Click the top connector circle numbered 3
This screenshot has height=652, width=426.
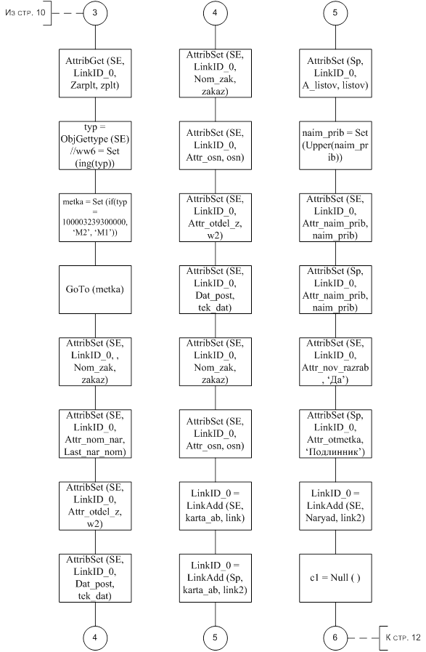coord(95,13)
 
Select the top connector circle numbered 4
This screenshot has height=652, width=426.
coord(215,13)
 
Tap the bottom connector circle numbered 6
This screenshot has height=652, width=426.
coord(335,637)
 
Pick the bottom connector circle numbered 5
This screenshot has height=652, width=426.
coord(215,637)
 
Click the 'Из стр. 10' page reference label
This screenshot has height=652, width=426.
coord(25,12)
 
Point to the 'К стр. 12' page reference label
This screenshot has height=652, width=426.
coord(403,637)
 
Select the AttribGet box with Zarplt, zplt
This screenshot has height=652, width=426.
coord(95,73)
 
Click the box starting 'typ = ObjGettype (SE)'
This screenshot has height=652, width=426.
coord(95,145)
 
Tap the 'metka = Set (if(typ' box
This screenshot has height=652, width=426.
coord(95,217)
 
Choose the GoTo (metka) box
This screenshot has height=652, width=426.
coord(95,289)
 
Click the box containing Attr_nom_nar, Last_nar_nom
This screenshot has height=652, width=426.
coord(95,434)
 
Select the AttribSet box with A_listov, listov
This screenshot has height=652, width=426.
coord(335,73)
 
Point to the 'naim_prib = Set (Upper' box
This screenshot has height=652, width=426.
coord(335,145)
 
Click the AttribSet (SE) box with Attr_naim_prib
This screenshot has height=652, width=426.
coord(335,217)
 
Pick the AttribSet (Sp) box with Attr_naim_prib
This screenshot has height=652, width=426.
coord(335,289)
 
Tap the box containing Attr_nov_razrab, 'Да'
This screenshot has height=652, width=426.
coord(335,362)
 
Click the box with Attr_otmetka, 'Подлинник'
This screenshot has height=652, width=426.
coord(335,434)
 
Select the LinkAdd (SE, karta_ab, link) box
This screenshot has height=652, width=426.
coord(216,506)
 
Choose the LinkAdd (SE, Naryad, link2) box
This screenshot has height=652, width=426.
coord(335,506)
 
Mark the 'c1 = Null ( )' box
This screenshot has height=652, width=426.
coord(335,578)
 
